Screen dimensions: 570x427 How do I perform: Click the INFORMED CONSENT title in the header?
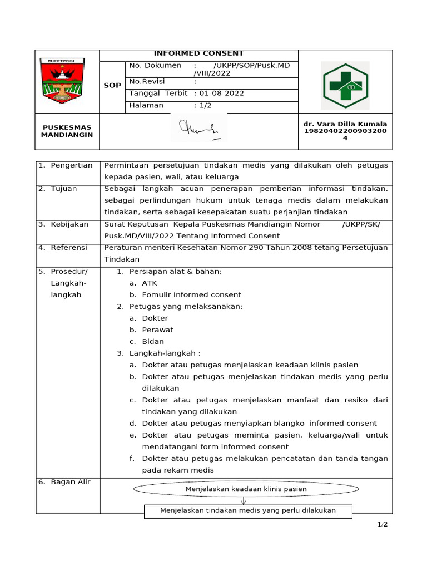tap(198, 53)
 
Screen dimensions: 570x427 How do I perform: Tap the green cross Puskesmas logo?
tap(345, 85)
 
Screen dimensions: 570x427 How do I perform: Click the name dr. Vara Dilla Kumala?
tap(345, 124)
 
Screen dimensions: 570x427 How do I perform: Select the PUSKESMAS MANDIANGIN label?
tap(67, 131)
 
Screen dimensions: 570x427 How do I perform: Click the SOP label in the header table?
tap(112, 86)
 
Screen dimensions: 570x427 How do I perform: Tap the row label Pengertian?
tap(72, 165)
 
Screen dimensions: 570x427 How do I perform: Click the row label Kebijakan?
tap(69, 224)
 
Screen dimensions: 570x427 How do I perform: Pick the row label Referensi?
tap(69, 247)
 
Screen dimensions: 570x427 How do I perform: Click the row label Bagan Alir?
tap(71, 482)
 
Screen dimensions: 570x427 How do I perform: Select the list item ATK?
tap(150, 283)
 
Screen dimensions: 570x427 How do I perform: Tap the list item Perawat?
tap(157, 330)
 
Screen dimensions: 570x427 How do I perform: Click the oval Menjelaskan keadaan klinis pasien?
tap(246, 489)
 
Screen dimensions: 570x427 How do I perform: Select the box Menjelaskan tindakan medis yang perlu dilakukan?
tap(247, 510)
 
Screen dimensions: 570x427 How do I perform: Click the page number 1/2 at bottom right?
tap(383, 524)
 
